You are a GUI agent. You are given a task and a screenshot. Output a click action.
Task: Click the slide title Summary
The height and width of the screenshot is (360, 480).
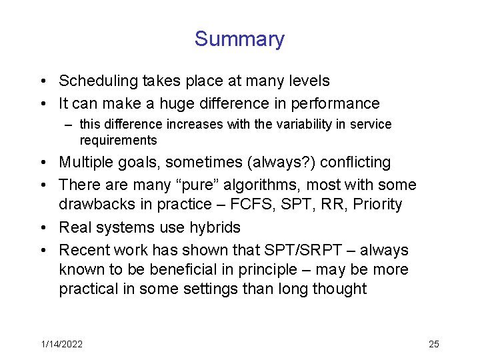pyautogui.click(x=239, y=39)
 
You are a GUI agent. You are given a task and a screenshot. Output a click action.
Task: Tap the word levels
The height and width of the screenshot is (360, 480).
pyautogui.click(x=307, y=81)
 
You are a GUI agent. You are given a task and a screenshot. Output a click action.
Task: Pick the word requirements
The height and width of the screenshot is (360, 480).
pyautogui.click(x=118, y=141)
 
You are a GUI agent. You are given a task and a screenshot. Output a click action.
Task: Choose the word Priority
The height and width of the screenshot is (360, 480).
pyautogui.click(x=377, y=205)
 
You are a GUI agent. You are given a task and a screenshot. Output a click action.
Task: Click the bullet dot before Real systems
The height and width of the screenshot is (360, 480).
pyautogui.click(x=42, y=228)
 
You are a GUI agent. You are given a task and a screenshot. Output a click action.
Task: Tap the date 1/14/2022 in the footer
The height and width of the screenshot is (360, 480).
pyautogui.click(x=61, y=344)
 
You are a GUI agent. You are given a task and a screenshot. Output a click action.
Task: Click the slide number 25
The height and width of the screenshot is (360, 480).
pyautogui.click(x=433, y=344)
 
